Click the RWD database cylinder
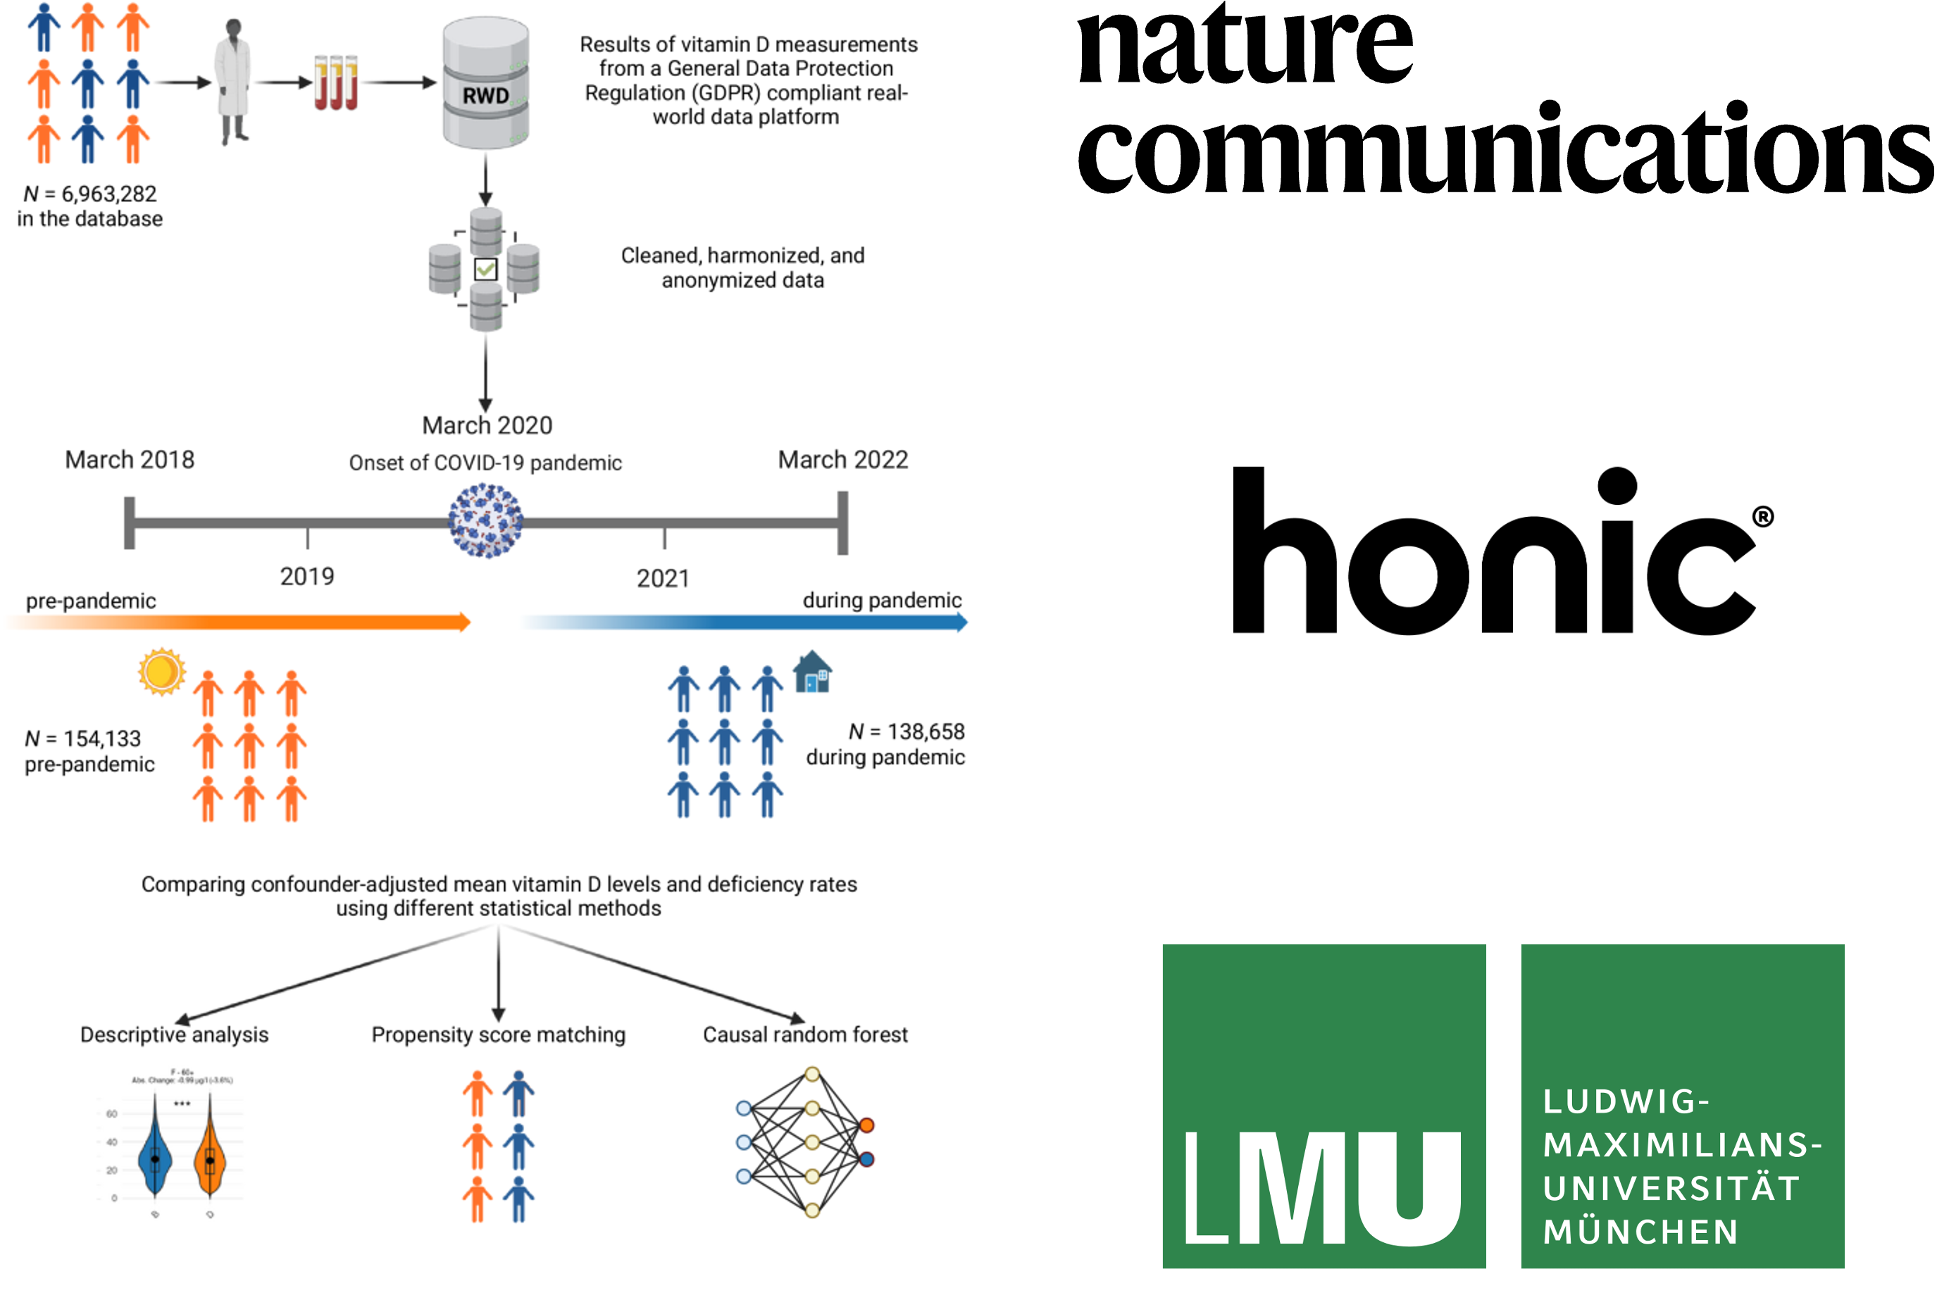[485, 83]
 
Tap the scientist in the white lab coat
[232, 82]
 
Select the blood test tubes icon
[336, 82]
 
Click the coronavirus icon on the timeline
[486, 521]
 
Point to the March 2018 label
[130, 459]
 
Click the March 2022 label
[842, 459]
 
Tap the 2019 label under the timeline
[306, 576]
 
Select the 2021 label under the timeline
[663, 578]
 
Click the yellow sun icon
[162, 672]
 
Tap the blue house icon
[813, 672]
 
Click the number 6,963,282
[108, 194]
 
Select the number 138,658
[925, 731]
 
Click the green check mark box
[485, 269]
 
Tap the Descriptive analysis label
[174, 1034]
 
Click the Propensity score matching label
[499, 1034]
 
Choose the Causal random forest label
[805, 1034]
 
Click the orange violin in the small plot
[209, 1158]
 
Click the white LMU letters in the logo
[1323, 1187]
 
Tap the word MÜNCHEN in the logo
[1640, 1232]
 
